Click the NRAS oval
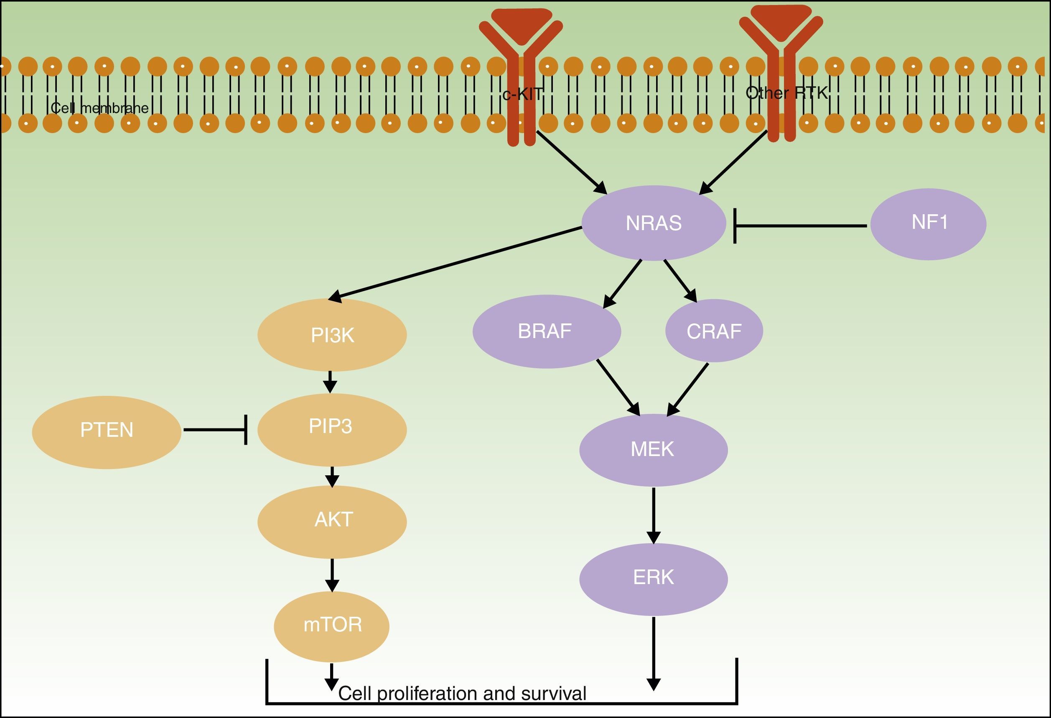[x=654, y=223]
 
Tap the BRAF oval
[x=546, y=331]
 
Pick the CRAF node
[x=714, y=331]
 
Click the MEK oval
[x=653, y=449]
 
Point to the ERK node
[x=653, y=578]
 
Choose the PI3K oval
[x=332, y=335]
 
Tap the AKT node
[x=332, y=521]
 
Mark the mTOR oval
[x=331, y=626]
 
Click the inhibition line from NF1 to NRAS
[x=800, y=225]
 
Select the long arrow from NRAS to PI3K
[x=457, y=263]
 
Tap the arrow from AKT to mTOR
[x=332, y=575]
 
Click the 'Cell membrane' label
[x=99, y=108]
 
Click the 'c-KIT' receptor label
[x=522, y=94]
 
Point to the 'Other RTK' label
[x=786, y=93]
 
